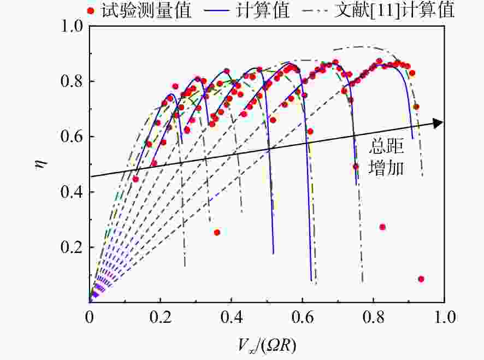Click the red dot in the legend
[x=91, y=11]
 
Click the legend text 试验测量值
[x=146, y=11]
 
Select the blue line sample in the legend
[x=216, y=11]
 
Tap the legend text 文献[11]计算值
[x=395, y=11]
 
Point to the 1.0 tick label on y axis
[x=72, y=26]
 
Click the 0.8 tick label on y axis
[x=72, y=81]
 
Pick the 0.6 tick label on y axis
[x=72, y=137]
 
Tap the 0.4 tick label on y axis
[x=72, y=192]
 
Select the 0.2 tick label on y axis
[x=72, y=247]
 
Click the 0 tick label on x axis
[x=89, y=317]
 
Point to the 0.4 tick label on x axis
[x=231, y=317]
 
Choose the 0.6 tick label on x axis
[x=303, y=317]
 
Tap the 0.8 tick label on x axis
[x=374, y=317]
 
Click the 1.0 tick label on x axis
[x=445, y=317]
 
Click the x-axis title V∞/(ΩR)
[x=267, y=346]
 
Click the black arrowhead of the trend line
[x=438, y=123]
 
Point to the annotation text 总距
[x=386, y=146]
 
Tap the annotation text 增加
[x=386, y=168]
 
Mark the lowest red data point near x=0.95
[x=421, y=279]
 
